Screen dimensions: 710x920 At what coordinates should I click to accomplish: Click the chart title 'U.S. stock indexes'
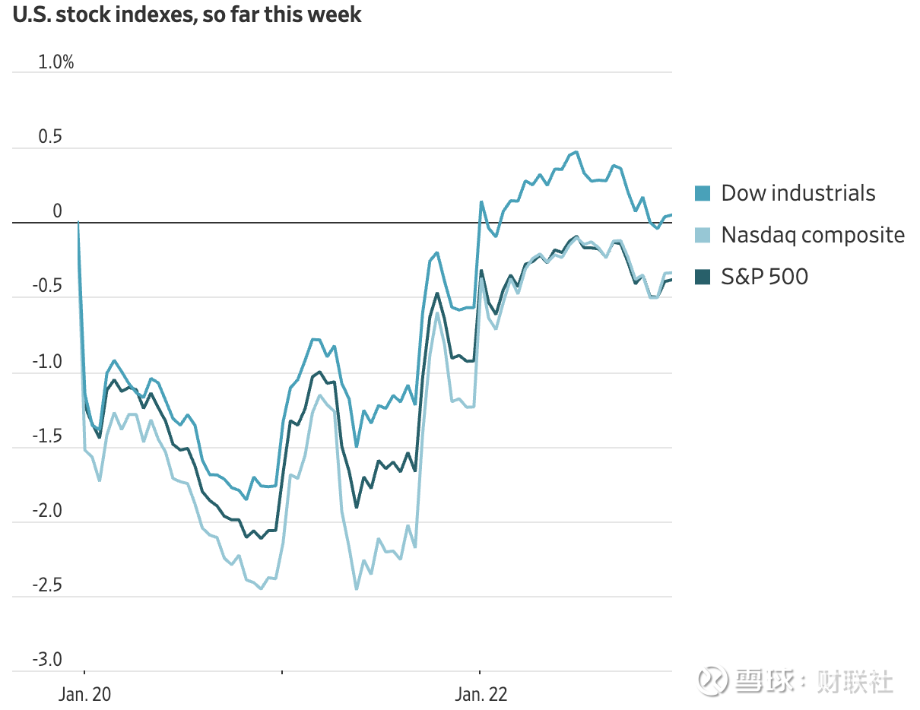pyautogui.click(x=187, y=15)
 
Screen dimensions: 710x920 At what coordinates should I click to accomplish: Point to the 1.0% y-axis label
pyautogui.click(x=56, y=62)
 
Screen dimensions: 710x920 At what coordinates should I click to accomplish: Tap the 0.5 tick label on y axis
pyautogui.click(x=52, y=137)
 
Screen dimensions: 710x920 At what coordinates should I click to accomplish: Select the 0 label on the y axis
pyautogui.click(x=57, y=211)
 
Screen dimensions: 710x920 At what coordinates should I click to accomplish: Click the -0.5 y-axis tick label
pyautogui.click(x=48, y=287)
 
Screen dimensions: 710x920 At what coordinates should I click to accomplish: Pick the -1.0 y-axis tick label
pyautogui.click(x=48, y=361)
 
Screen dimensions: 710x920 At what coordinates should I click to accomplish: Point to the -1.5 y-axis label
pyautogui.click(x=48, y=436)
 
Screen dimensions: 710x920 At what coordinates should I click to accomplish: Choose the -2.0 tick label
pyautogui.click(x=48, y=511)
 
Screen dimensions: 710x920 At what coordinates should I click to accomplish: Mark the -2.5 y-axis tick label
pyautogui.click(x=48, y=585)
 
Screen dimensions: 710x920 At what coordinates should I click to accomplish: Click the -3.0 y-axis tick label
pyautogui.click(x=48, y=660)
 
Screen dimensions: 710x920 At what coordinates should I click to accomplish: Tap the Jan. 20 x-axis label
pyautogui.click(x=84, y=694)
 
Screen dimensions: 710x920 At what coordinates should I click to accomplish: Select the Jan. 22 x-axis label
pyautogui.click(x=481, y=694)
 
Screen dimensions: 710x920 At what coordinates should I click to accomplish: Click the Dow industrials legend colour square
pyautogui.click(x=703, y=194)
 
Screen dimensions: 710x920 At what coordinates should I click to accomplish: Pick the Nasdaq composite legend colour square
pyautogui.click(x=703, y=236)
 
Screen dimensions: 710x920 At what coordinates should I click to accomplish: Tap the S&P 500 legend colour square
pyautogui.click(x=703, y=277)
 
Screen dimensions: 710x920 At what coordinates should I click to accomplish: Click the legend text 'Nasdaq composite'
pyautogui.click(x=813, y=235)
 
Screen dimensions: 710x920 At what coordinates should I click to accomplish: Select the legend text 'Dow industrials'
pyautogui.click(x=798, y=193)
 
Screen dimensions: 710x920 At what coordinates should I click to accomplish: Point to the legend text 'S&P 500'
pyautogui.click(x=764, y=277)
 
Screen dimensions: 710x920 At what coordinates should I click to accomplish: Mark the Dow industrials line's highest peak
pyautogui.click(x=576, y=152)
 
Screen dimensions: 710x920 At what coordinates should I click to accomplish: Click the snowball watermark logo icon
pyautogui.click(x=713, y=680)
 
